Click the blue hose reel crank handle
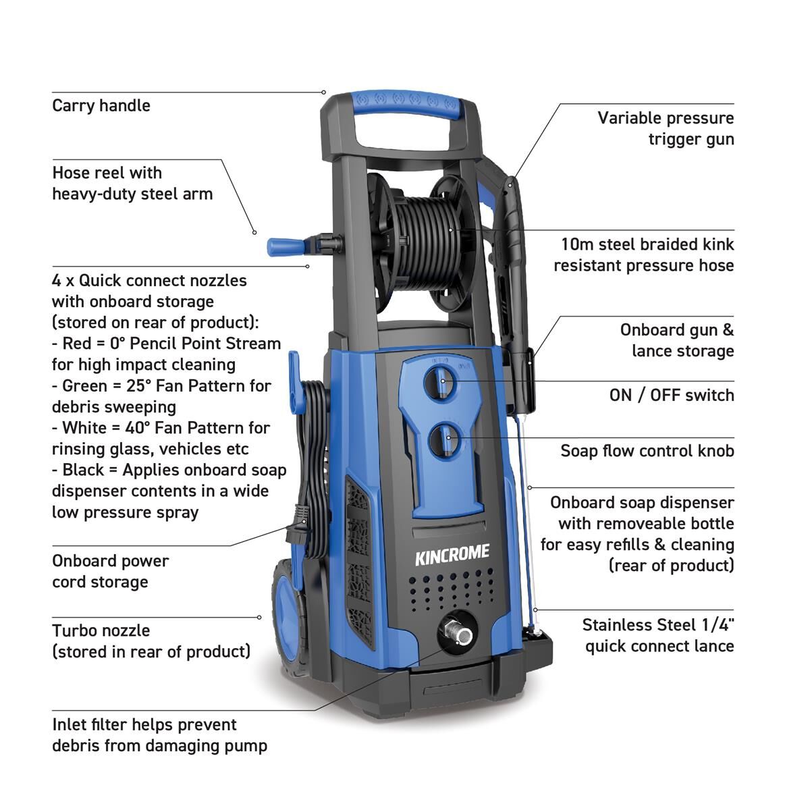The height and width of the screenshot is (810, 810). click(x=283, y=246)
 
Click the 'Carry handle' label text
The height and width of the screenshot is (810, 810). click(x=101, y=106)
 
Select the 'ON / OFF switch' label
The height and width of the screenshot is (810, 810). click(x=671, y=395)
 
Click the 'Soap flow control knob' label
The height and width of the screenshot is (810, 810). click(x=647, y=451)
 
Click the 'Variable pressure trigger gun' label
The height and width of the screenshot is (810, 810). click(x=666, y=128)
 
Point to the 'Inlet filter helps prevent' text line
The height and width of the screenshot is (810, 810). click(x=144, y=725)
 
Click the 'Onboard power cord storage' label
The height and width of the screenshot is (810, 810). click(x=110, y=571)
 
